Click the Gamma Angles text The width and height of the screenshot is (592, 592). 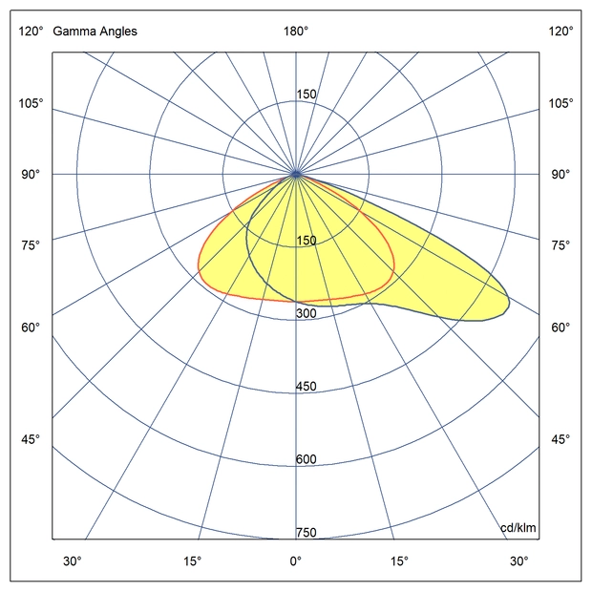pos(95,32)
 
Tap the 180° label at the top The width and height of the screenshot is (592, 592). pos(296,32)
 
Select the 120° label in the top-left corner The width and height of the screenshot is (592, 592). pos(31,32)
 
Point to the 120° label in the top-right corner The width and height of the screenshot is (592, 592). pos(561,32)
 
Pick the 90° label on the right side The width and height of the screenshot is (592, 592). pos(561,175)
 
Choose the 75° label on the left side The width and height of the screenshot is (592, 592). pos(31,246)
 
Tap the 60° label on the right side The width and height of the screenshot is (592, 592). pos(561,328)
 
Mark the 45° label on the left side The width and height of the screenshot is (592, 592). pos(31,439)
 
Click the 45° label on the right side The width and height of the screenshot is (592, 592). pos(561,439)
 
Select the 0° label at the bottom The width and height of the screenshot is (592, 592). pos(296,560)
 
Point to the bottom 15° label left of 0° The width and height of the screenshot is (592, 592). pos(193,560)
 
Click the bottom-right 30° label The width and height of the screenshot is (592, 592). pos(518,560)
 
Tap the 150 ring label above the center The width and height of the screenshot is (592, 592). pos(306,95)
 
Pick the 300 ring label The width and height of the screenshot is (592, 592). pos(306,314)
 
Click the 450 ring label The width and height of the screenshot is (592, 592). pos(306,387)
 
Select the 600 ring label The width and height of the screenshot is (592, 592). pos(306,459)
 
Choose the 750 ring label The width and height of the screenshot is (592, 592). pos(306,533)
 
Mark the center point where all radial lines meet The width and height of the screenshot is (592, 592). pos(296,175)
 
